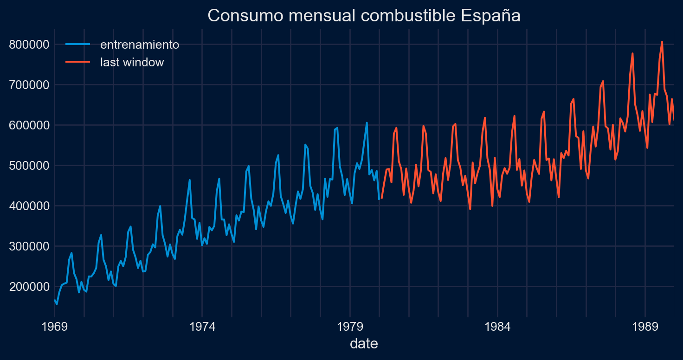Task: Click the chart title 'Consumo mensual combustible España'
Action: click(364, 15)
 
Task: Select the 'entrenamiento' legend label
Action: click(140, 45)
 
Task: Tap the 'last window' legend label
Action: click(132, 63)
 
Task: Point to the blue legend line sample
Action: click(77, 45)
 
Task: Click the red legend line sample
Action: click(77, 63)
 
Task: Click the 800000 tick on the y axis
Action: click(29, 45)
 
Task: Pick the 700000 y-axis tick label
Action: click(29, 85)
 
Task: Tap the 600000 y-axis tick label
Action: click(29, 126)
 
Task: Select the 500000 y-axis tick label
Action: click(29, 166)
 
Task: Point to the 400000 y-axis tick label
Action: click(29, 206)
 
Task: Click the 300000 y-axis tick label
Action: click(29, 246)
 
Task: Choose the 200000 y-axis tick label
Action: click(29, 287)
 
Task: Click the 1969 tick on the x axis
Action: click(55, 326)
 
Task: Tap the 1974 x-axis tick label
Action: click(202, 326)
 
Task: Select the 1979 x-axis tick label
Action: click(350, 326)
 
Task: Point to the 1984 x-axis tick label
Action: click(497, 326)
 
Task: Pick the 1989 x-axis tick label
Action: click(645, 326)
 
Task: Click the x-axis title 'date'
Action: click(364, 344)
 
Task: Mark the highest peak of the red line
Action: click(662, 42)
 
